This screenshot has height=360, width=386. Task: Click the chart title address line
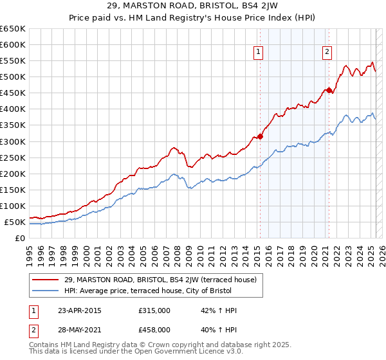[x=193, y=7]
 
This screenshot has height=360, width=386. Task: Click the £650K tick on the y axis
[x=13, y=29]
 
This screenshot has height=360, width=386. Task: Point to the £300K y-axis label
[x=13, y=141]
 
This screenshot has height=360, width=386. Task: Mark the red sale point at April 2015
[x=260, y=136]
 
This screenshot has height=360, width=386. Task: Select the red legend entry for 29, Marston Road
[x=161, y=280]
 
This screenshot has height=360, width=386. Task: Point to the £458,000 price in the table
[x=154, y=329]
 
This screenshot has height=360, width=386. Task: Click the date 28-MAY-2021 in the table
[x=80, y=329]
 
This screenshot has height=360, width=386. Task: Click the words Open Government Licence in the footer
[x=163, y=353]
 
